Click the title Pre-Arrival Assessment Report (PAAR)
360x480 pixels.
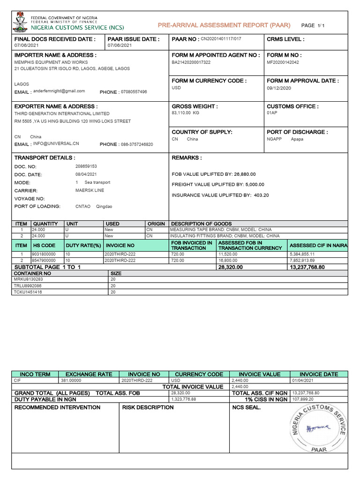224,25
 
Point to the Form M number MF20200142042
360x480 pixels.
283,62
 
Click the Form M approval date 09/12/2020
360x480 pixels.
279,88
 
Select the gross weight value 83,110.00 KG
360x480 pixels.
186,113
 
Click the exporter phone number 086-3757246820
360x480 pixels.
136,144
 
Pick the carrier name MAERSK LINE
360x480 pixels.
90,190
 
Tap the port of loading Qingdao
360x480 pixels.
104,206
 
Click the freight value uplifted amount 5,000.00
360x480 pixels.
253,185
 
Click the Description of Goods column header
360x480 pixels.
202,224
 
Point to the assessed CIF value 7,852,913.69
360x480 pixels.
302,260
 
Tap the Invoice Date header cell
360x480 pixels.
319,374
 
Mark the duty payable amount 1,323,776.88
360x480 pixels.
184,399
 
